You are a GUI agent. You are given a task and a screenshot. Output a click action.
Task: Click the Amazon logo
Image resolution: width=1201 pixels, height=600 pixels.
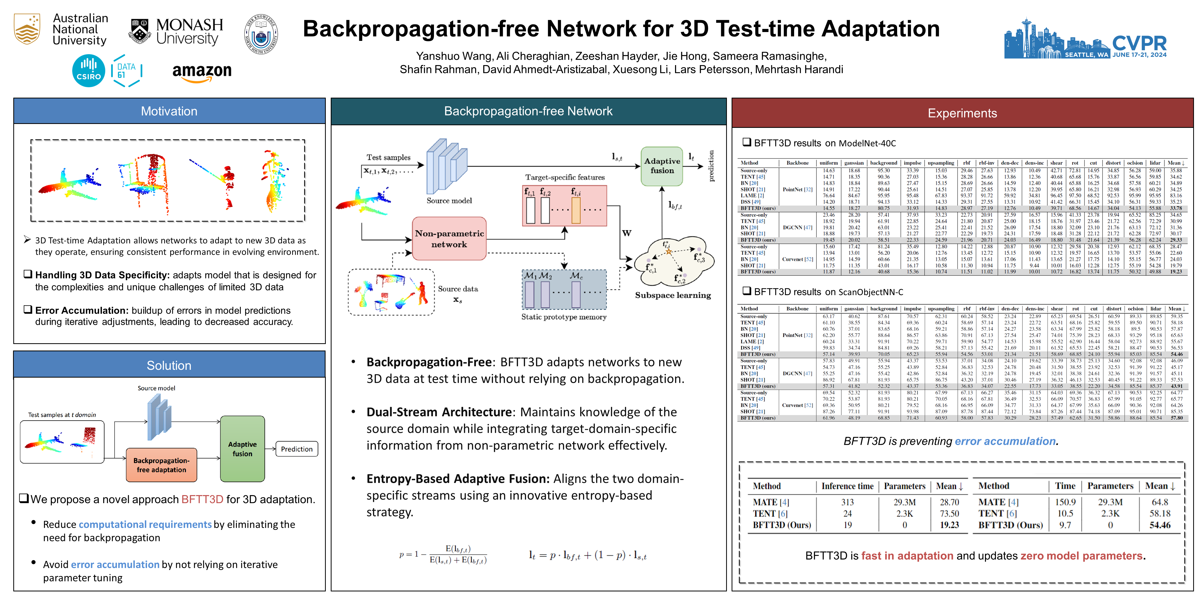[202, 73]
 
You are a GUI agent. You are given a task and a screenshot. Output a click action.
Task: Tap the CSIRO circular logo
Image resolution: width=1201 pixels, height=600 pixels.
[88, 71]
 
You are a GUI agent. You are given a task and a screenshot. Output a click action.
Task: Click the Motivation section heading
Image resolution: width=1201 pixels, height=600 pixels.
[169, 111]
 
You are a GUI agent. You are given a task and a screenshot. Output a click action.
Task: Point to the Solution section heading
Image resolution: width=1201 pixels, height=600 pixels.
[169, 366]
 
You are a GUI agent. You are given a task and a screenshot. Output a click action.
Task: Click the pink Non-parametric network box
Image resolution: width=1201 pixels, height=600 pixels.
[449, 239]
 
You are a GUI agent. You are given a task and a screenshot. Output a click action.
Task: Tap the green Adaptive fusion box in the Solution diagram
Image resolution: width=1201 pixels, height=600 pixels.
[242, 449]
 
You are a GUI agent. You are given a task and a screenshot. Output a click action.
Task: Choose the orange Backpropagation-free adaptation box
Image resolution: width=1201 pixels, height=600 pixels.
[161, 465]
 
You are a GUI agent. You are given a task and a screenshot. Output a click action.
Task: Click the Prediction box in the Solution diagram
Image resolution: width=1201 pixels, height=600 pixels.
[297, 449]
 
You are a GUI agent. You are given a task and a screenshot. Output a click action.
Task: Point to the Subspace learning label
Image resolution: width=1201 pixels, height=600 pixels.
[673, 295]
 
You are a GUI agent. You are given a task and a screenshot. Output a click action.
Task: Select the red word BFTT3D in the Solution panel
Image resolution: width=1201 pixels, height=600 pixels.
[202, 499]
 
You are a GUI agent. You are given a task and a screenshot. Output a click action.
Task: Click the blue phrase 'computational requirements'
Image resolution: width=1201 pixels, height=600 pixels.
[145, 524]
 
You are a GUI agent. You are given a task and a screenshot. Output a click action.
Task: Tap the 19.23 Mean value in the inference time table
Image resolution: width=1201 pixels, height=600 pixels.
[949, 525]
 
